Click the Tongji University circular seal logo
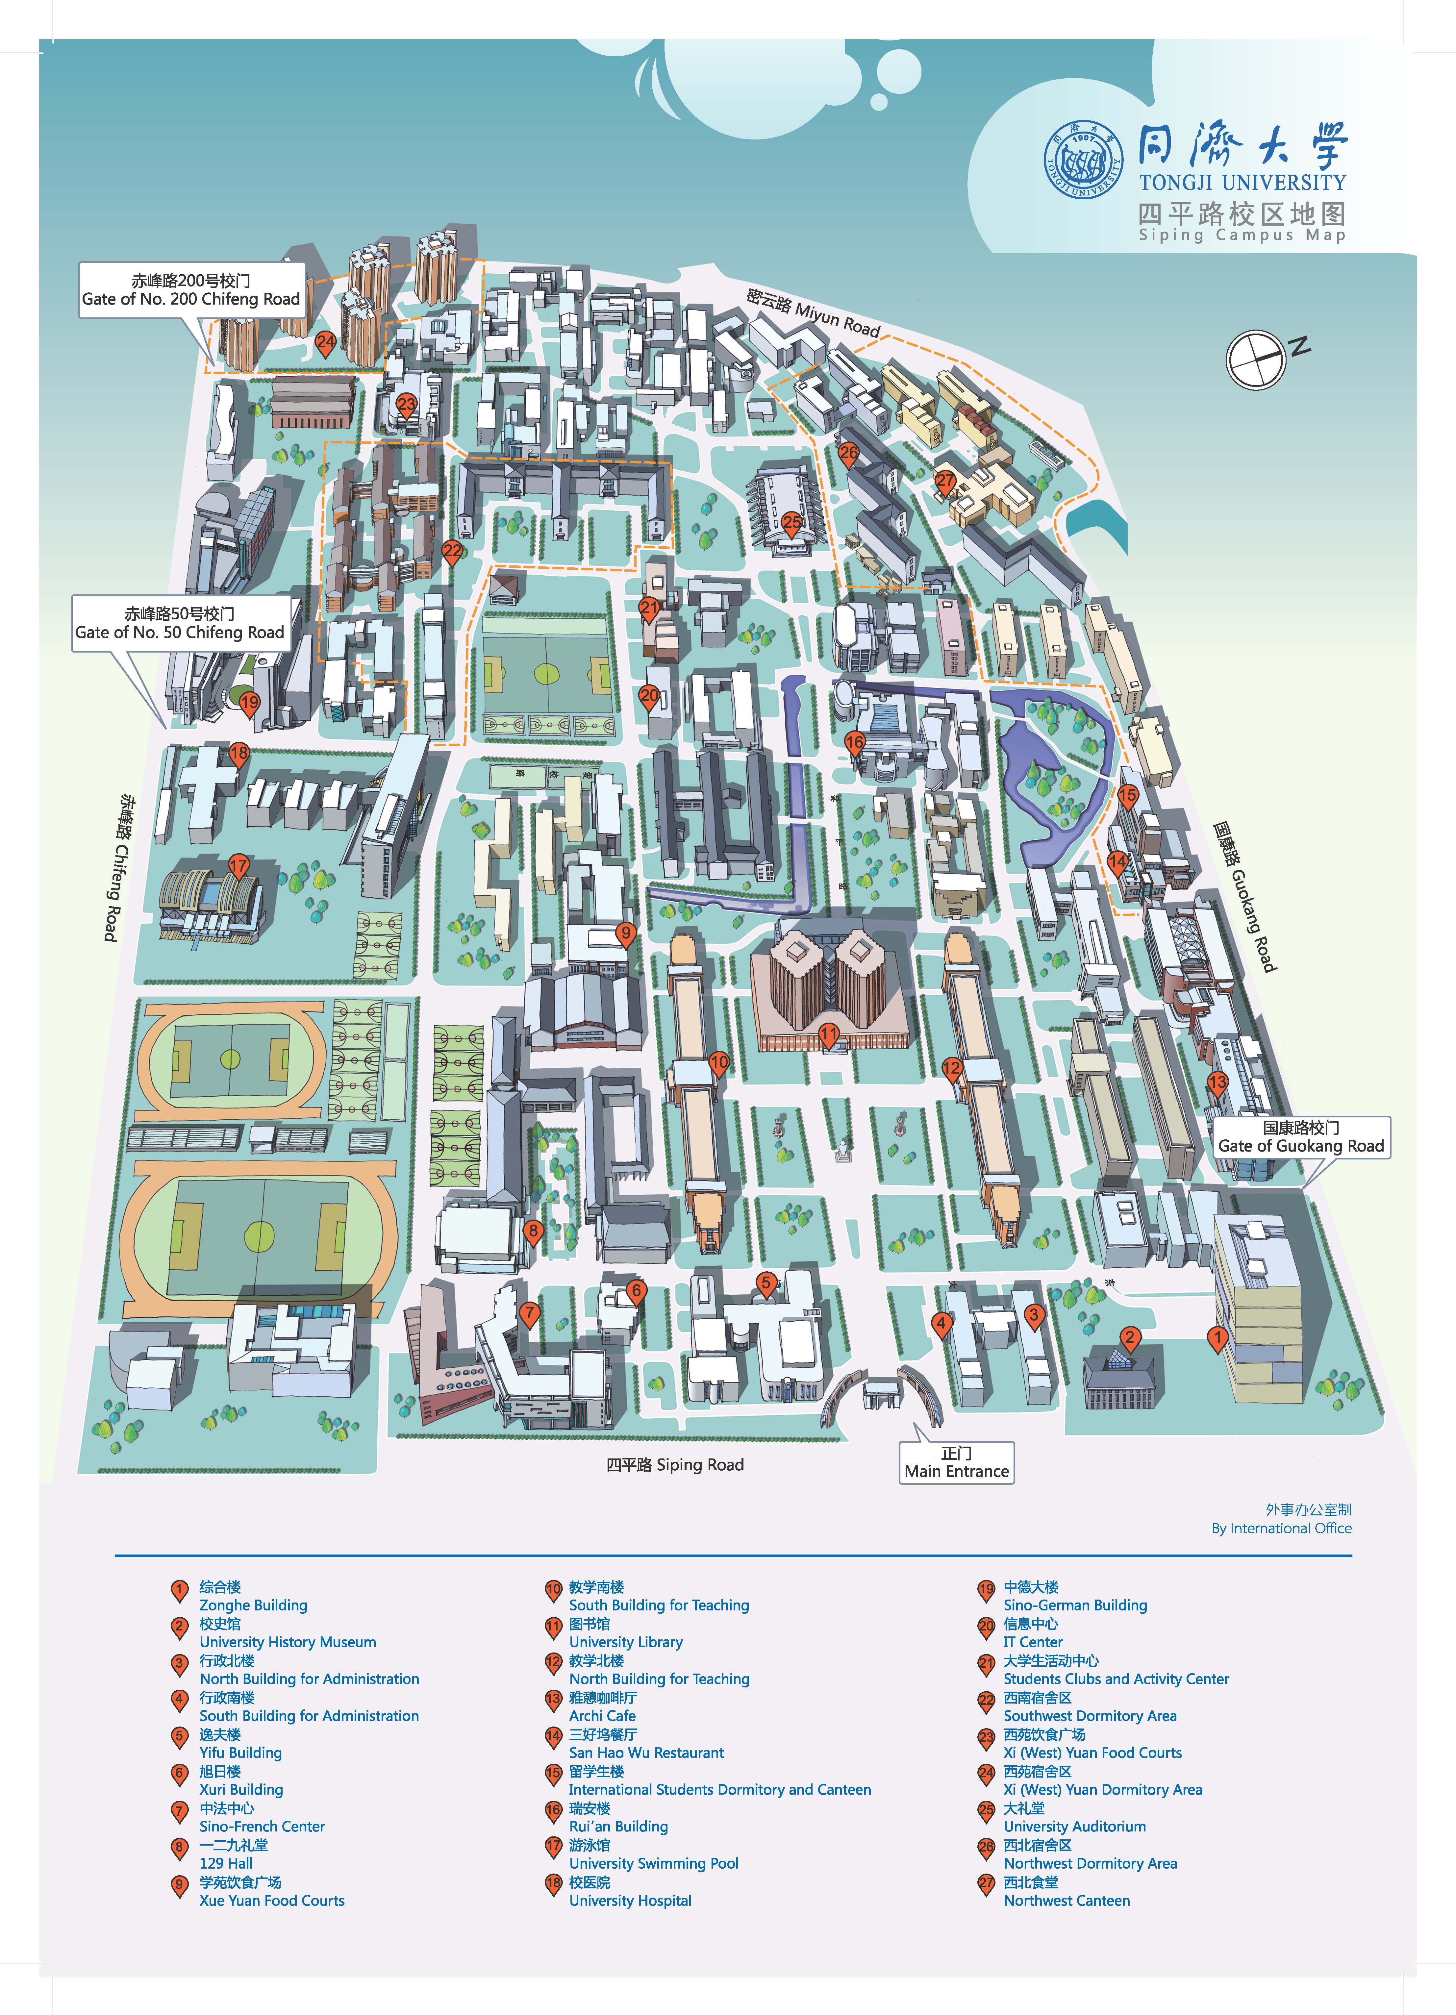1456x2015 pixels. (x=1082, y=160)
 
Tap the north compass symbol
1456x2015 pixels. (x=1256, y=359)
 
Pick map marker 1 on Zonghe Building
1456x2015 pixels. (x=1218, y=1336)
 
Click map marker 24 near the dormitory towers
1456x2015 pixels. (x=326, y=341)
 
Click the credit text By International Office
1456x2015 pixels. (x=1281, y=1528)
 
